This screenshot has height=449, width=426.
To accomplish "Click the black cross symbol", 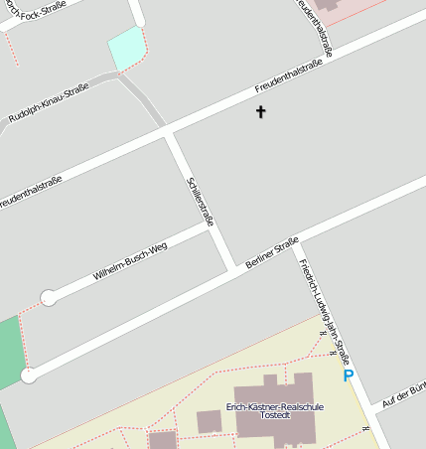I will click(261, 112).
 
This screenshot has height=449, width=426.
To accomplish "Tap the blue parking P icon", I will click(349, 375).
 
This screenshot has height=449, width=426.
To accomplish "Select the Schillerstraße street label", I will click(200, 202).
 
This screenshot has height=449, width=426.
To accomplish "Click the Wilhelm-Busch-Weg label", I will click(130, 258).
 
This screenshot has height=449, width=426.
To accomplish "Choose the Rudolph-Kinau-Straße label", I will click(55, 103).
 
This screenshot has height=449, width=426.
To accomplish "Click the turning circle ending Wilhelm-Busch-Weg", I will click(48, 296).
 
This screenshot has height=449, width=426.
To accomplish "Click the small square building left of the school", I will click(209, 421).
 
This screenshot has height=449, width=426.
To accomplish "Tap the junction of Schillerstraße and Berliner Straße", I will click(234, 267).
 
